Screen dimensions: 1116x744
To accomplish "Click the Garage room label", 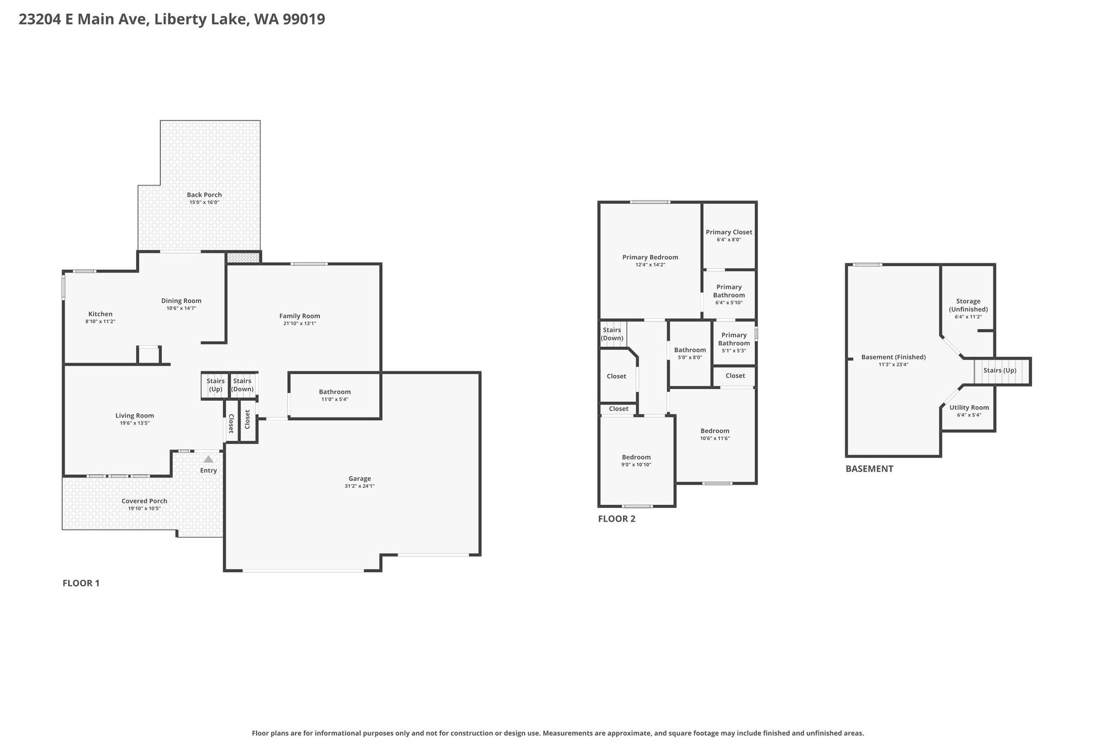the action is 360,479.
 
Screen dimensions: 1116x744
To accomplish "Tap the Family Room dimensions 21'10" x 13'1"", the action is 300,324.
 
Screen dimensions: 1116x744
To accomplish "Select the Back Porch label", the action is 204,195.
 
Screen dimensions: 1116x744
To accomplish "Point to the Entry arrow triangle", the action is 209,459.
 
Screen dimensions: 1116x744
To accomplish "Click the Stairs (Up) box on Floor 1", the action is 216,385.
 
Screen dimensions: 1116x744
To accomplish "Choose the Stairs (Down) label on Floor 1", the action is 242,385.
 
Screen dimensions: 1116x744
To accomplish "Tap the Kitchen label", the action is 100,314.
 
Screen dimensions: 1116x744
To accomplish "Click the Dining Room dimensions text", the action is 181,309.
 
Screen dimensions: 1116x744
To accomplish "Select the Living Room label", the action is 135,415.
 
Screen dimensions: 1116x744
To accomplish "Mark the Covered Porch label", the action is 144,501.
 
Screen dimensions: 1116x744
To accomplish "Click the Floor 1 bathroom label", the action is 335,392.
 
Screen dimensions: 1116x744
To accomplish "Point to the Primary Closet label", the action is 729,232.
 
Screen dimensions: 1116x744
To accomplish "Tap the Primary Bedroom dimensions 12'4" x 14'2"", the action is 651,265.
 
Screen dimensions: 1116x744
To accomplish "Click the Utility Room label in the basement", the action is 969,408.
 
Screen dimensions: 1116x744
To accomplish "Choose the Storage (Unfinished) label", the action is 968,305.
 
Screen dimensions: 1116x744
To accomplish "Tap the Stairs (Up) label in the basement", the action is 1000,371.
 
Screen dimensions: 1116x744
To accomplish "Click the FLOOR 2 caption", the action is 617,519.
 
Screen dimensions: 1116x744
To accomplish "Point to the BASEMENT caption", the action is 869,469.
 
